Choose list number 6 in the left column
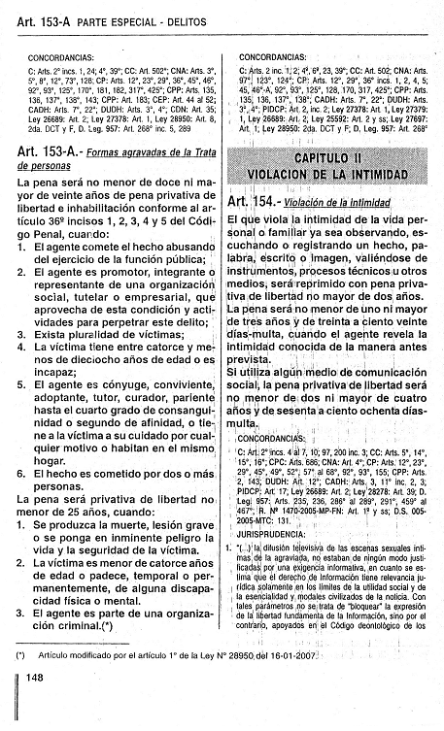(22, 468)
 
